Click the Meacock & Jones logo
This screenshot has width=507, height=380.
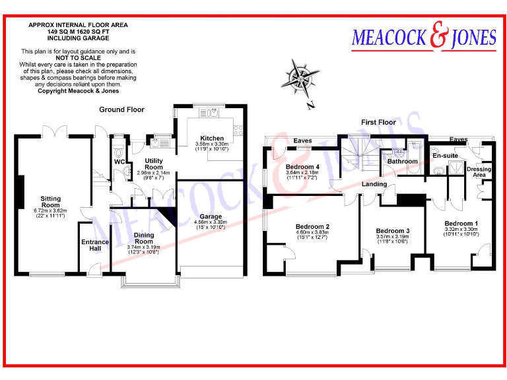[x=424, y=38]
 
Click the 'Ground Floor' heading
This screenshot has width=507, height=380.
[x=121, y=110]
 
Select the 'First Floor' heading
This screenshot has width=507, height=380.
[x=378, y=122]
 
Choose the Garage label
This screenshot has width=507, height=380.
[x=211, y=216]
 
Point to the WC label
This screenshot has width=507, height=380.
[x=119, y=162]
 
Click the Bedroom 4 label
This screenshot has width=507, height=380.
[x=302, y=167]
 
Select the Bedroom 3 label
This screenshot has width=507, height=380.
[x=393, y=230]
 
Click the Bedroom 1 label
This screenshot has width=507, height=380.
[x=461, y=223]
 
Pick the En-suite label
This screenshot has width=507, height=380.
[x=445, y=155]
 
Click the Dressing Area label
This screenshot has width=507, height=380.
[x=479, y=172]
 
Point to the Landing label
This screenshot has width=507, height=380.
[x=374, y=184]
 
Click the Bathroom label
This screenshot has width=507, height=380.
[x=402, y=161]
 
